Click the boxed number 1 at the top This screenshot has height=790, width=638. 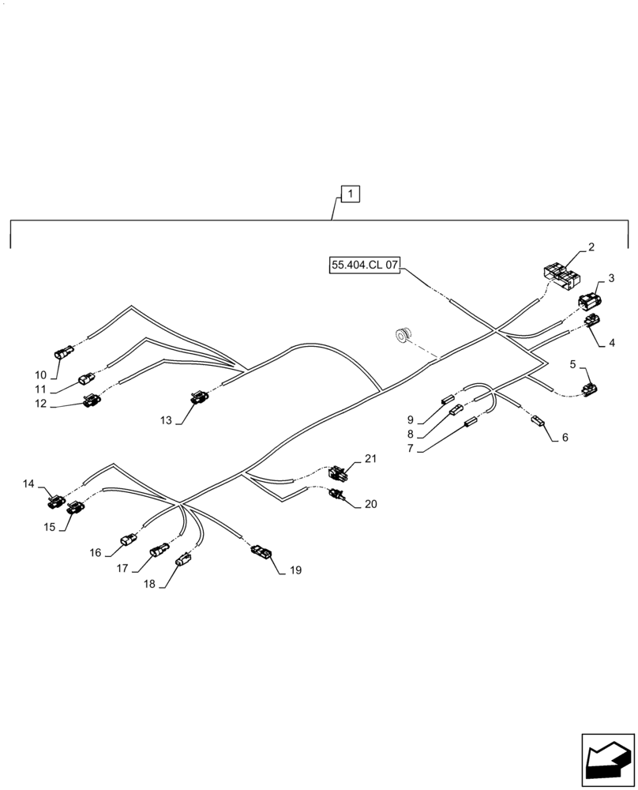351,194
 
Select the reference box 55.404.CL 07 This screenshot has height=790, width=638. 366,265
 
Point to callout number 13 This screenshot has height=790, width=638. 166,420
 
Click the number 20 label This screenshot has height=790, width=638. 371,503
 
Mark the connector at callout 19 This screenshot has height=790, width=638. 261,551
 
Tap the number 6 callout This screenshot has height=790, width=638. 565,436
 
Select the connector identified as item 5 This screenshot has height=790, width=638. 589,389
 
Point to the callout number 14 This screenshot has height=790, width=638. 28,483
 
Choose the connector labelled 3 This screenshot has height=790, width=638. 590,300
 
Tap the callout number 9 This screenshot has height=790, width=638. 411,419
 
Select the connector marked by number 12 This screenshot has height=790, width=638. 92,401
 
